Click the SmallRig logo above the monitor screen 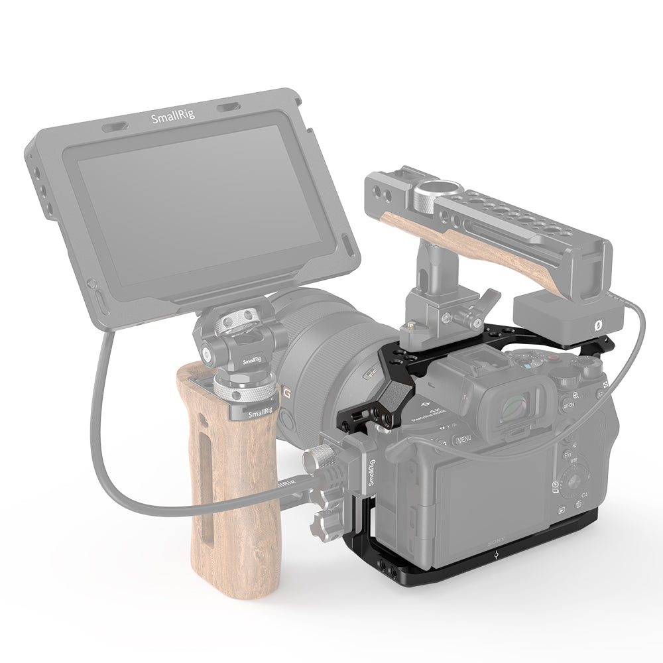pyautogui.click(x=169, y=119)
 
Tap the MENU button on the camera pyautogui.click(x=462, y=438)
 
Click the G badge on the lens pyautogui.click(x=287, y=393)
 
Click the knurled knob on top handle pyautogui.click(x=420, y=196)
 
